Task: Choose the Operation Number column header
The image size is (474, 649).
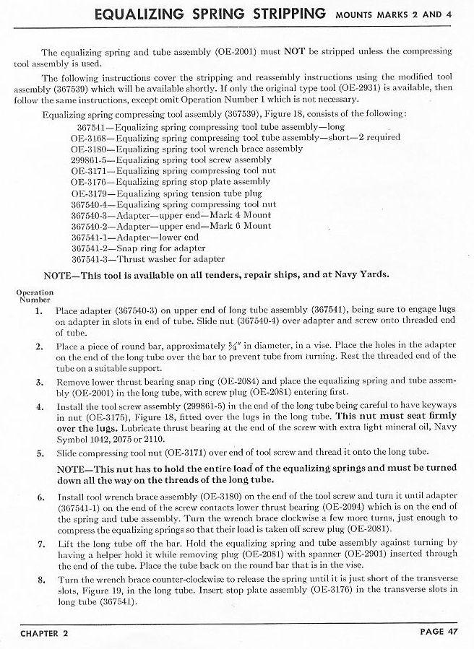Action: click(x=34, y=296)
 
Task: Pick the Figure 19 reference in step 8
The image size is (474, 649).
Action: click(x=93, y=591)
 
